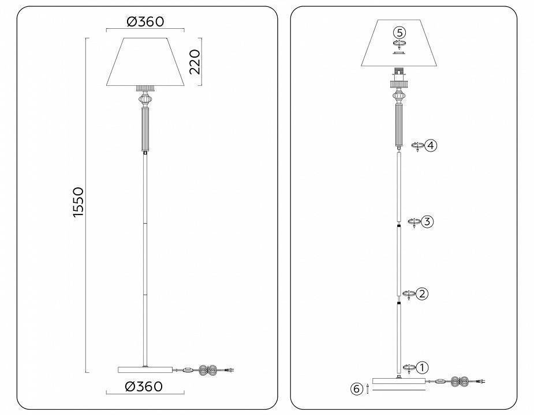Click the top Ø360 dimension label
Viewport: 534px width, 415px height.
(145, 21)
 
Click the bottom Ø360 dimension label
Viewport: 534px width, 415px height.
(145, 386)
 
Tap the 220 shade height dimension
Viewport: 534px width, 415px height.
(195, 62)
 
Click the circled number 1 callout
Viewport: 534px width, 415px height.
(423, 367)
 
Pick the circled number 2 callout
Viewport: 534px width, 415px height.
(423, 294)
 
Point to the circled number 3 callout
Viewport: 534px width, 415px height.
(427, 221)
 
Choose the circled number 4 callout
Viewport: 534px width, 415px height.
(431, 145)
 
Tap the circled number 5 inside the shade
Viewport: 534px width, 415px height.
(399, 32)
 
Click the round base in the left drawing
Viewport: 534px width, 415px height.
(145, 369)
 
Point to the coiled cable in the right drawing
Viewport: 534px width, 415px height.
(461, 381)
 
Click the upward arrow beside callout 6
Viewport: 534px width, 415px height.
(368, 390)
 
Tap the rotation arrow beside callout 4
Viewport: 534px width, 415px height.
(417, 146)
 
